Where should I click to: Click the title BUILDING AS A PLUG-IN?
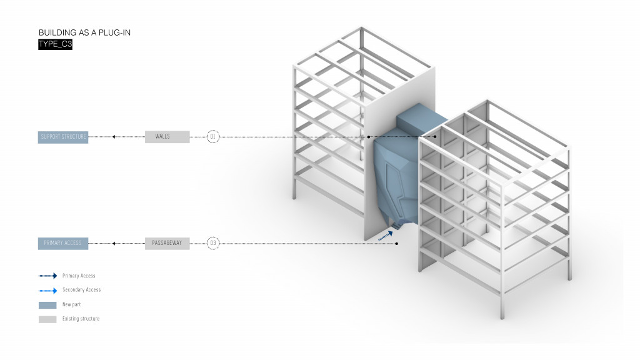click(84, 32)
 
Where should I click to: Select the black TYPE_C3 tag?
click(56, 44)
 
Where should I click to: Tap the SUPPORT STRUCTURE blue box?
click(63, 137)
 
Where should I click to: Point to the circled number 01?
click(213, 137)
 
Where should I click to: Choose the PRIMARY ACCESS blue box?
click(63, 242)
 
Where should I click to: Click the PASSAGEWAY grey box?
click(167, 242)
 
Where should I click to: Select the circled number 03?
click(213, 242)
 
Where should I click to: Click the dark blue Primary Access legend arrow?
click(47, 276)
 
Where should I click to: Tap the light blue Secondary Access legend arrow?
click(47, 290)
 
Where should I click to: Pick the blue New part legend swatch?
click(47, 304)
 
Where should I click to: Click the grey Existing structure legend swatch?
click(47, 319)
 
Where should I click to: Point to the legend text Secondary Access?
click(81, 290)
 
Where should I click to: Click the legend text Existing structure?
click(81, 319)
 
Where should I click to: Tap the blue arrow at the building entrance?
click(386, 234)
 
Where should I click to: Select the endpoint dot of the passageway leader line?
click(397, 243)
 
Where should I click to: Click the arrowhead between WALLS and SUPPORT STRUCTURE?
click(114, 137)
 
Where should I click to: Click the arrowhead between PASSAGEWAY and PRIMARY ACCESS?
click(114, 242)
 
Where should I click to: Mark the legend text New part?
click(71, 304)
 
